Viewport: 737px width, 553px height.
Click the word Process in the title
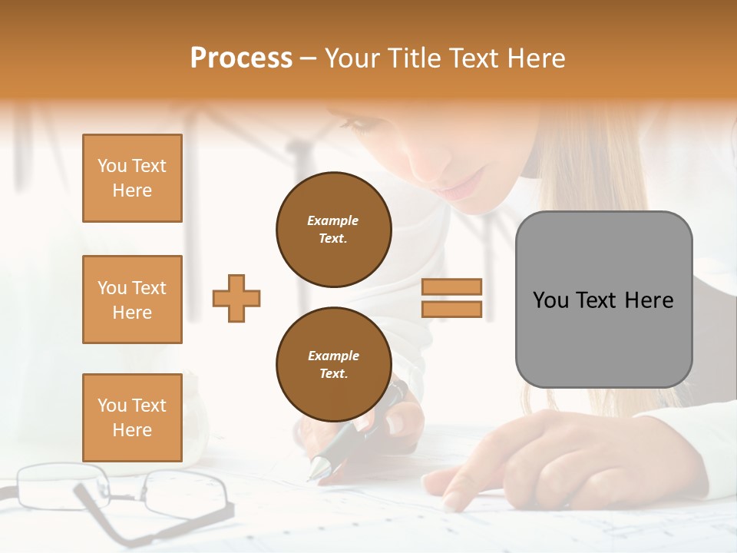pos(241,58)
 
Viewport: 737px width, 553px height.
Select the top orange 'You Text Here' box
pos(132,178)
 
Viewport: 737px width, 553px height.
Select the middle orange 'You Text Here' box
pos(132,300)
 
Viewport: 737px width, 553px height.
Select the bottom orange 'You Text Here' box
pos(132,417)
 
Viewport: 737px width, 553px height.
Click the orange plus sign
pos(236,298)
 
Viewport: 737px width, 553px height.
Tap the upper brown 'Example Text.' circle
pos(333,229)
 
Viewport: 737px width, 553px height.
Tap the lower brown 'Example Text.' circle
pos(333,364)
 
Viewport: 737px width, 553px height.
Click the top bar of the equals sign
pos(451,286)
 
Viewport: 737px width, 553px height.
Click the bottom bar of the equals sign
pos(451,309)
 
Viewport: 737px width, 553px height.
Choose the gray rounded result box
pos(603,299)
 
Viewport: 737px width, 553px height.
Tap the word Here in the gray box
pos(649,300)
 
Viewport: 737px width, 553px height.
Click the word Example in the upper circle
pos(333,220)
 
